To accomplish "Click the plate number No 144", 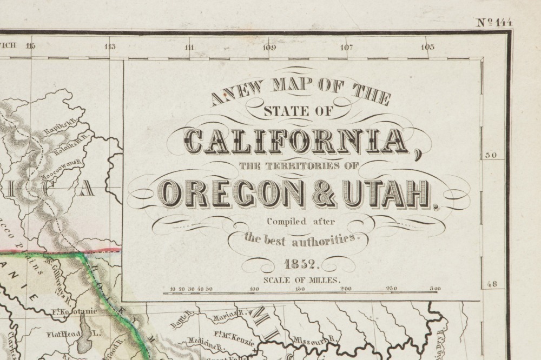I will [494, 23].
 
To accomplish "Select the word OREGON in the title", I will [233, 194].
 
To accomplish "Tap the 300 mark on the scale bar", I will [434, 289].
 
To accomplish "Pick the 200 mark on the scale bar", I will [345, 289].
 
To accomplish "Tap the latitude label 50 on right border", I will [493, 156].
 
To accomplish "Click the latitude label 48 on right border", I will [493, 283].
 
